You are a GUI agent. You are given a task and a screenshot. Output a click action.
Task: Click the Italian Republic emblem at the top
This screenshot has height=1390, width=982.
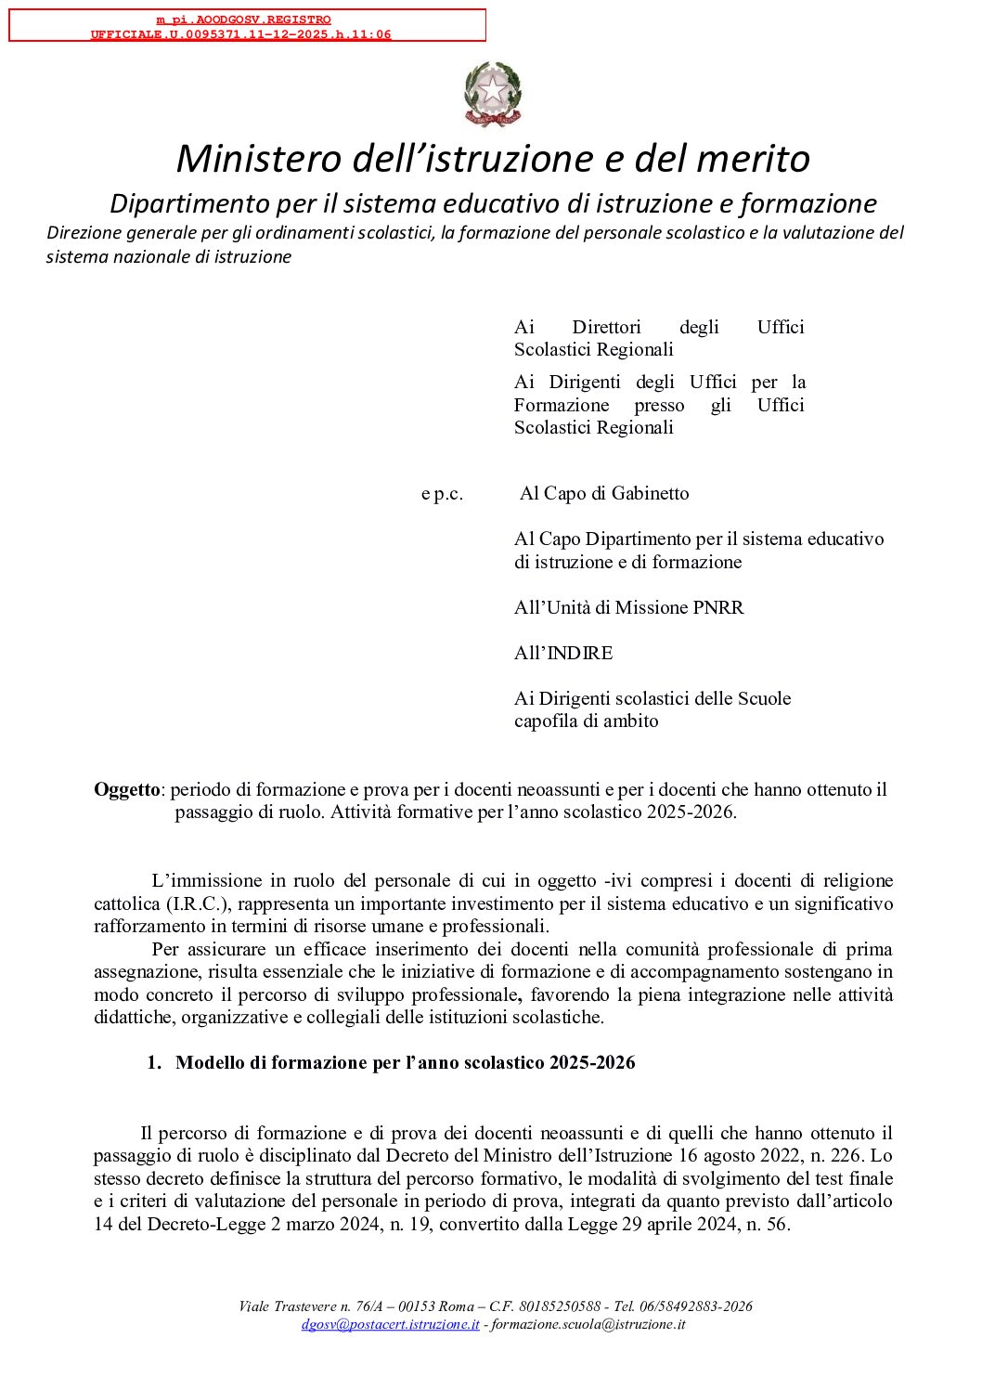[x=493, y=95]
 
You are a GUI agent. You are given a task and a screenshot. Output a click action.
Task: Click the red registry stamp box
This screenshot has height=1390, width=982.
[x=247, y=26]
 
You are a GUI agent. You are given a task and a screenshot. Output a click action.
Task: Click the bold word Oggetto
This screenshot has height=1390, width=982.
[x=127, y=790]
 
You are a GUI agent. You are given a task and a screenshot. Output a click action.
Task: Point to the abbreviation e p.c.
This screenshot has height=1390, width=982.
[x=442, y=494]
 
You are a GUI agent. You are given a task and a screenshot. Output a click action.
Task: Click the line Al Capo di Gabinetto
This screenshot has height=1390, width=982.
[x=604, y=494]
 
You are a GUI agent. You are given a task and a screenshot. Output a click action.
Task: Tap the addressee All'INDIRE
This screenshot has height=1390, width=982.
[x=563, y=654]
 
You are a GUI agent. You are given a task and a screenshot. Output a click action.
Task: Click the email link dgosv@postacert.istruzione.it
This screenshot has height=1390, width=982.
[x=390, y=1325]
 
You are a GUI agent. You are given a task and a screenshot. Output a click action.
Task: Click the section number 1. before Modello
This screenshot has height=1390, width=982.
[x=154, y=1063]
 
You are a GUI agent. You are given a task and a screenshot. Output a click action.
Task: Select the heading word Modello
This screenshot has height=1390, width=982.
[x=210, y=1063]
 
